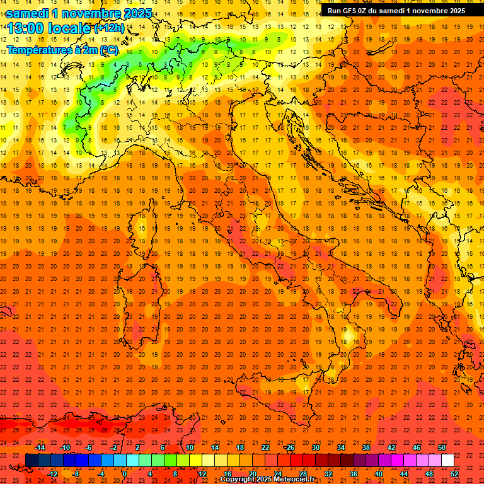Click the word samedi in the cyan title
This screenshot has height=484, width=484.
27,13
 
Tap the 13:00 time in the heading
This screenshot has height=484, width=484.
25,28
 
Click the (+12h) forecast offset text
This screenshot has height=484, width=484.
109,28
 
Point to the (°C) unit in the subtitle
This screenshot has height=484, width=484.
108,50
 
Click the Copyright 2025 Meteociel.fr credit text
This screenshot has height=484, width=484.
267,480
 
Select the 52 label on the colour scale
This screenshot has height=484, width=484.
455,473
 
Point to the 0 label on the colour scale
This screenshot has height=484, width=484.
125,473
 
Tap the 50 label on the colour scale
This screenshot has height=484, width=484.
442,447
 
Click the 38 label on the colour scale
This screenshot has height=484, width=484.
366,447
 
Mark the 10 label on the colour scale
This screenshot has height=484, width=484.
189,447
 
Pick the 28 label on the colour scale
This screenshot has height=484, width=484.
302,473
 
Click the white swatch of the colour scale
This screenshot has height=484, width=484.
448,460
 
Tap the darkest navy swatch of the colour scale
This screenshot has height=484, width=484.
32,460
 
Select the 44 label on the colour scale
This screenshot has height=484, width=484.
404,473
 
